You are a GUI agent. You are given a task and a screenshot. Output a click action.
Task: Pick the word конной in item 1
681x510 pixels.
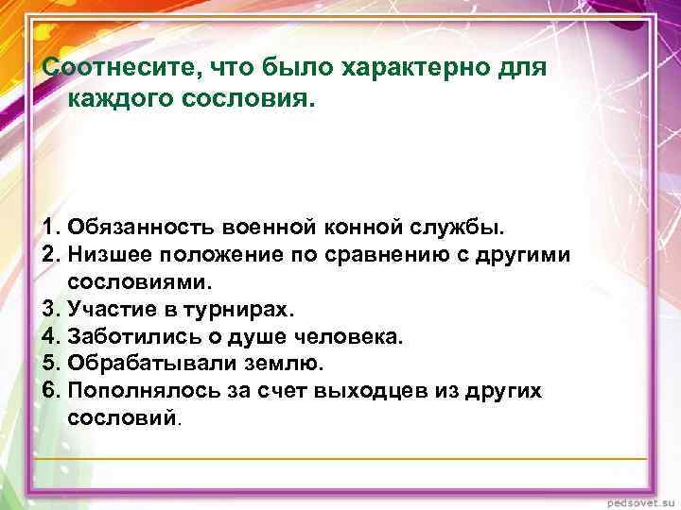(363, 228)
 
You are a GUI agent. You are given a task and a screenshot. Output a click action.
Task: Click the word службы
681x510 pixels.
(461, 228)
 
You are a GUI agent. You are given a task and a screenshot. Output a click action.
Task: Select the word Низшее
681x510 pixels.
(113, 255)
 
